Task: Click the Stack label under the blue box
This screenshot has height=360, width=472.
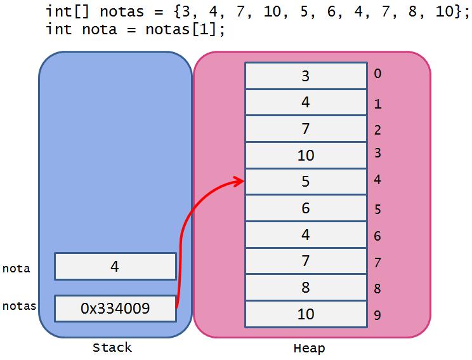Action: tap(112, 347)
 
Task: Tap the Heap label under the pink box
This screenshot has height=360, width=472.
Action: tap(309, 348)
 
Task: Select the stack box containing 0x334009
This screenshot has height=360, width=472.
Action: tap(115, 309)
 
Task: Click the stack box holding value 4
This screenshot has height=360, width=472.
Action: tap(115, 266)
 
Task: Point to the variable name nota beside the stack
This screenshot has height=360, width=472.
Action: tap(16, 269)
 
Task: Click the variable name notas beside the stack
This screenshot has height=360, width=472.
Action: tap(19, 306)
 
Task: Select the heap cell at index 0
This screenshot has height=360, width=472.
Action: tap(305, 76)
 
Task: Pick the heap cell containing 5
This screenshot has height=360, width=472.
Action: tap(305, 182)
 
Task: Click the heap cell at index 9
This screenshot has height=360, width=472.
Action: tap(305, 314)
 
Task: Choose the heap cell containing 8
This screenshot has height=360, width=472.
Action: tap(305, 288)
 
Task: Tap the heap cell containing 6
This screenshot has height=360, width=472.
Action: tap(305, 208)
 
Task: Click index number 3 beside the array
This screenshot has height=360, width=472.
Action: tap(378, 152)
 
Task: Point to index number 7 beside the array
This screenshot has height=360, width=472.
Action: tap(378, 262)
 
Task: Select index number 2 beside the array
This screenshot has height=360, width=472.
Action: tap(378, 130)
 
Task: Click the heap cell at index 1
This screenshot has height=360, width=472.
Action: tap(305, 102)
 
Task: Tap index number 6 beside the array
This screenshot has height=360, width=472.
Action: tap(378, 236)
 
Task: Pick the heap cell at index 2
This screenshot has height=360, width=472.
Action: tap(305, 129)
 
